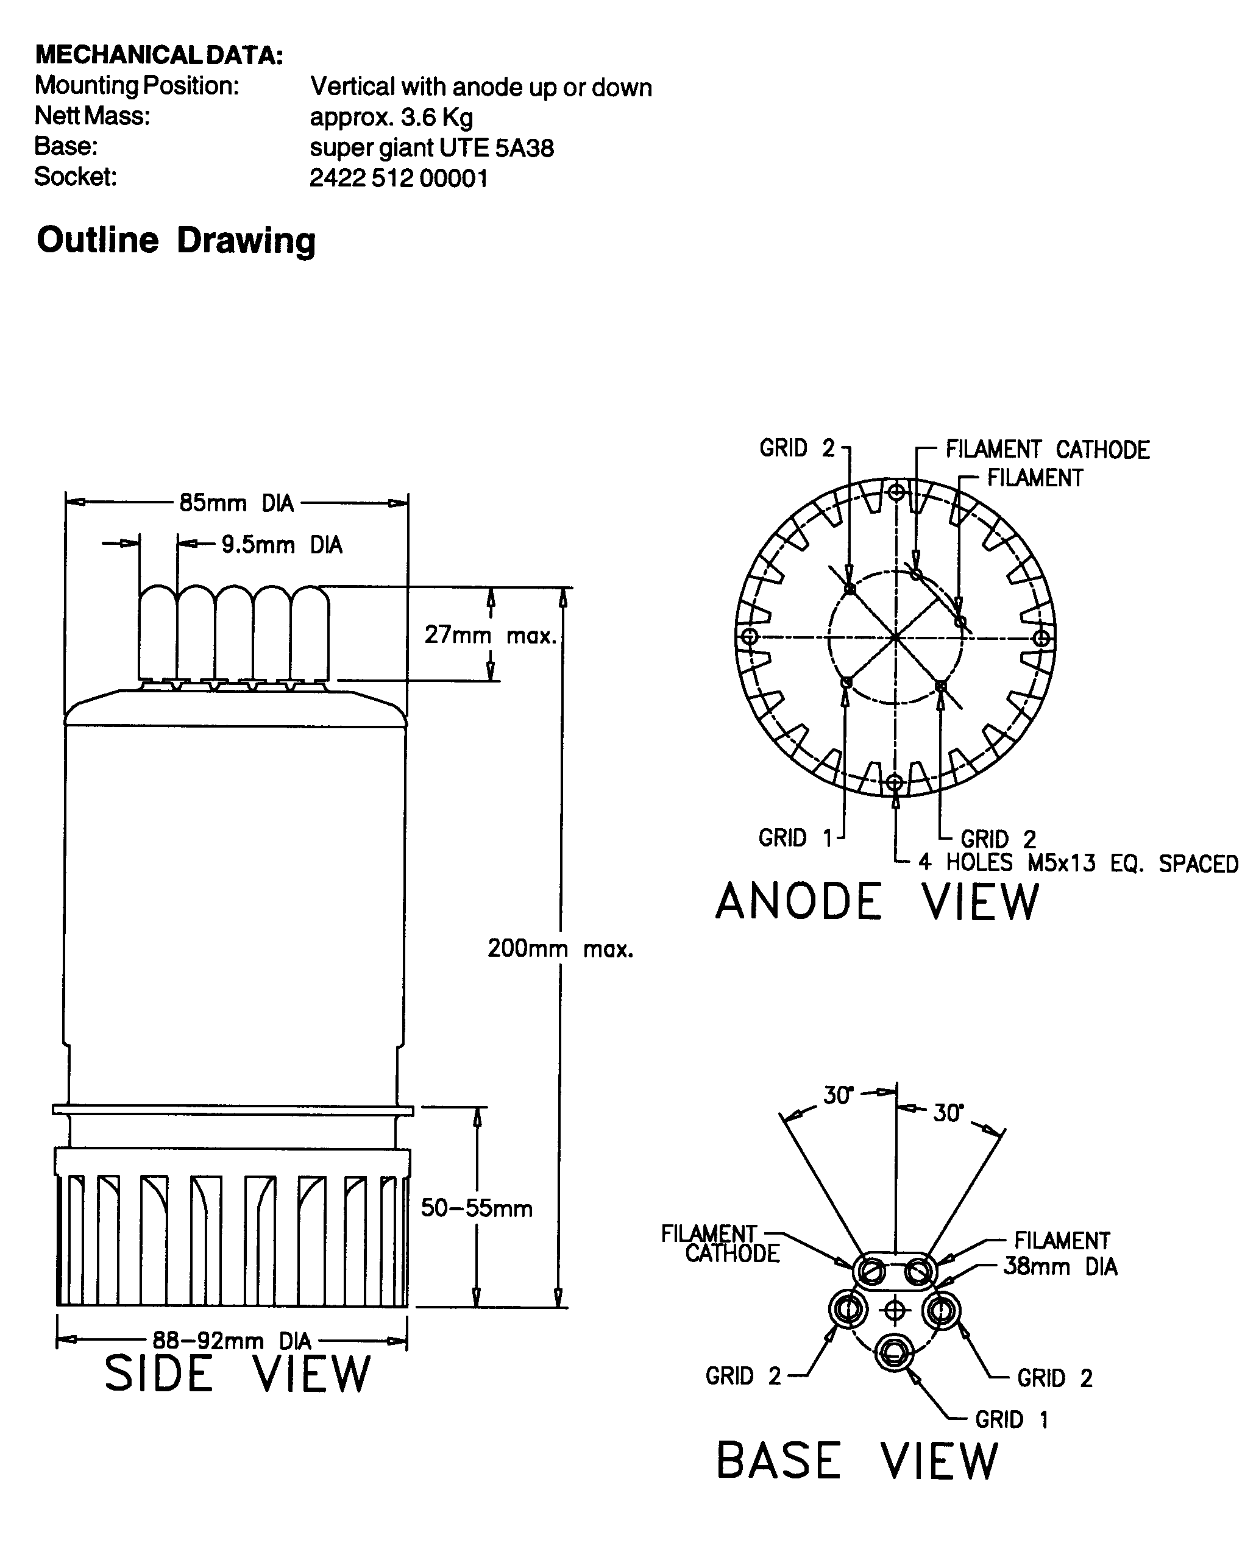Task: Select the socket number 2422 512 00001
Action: pos(398,178)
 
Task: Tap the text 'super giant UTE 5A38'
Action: pos(431,147)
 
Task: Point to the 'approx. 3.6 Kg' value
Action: pos(391,117)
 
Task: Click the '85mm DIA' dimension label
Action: pos(236,503)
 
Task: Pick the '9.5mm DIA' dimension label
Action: pos(282,545)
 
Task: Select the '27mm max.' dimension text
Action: pos(491,635)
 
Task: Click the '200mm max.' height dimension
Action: pos(560,948)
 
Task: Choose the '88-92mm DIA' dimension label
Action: pos(232,1341)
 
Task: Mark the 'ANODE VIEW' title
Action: pos(877,902)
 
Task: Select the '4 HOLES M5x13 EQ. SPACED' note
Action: pos(1078,863)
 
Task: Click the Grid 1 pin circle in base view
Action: pos(895,1350)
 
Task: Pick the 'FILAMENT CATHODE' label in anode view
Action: pos(1047,450)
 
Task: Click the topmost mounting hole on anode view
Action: pos(896,492)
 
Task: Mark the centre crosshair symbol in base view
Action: pos(895,1310)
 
